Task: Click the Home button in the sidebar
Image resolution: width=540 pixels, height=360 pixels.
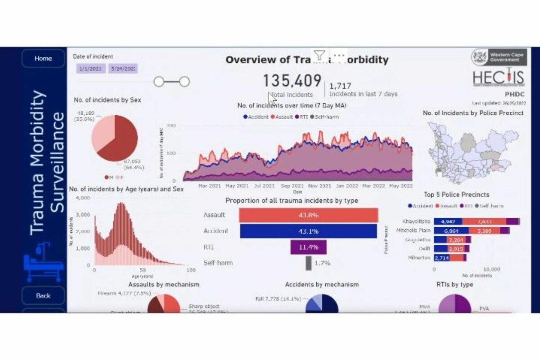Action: point(43,58)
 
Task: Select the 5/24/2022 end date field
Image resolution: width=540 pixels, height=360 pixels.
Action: point(123,69)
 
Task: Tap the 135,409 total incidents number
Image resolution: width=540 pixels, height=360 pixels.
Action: point(292,81)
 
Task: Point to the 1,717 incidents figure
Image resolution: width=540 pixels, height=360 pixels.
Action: point(340,85)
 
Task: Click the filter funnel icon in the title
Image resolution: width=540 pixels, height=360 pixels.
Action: point(319,55)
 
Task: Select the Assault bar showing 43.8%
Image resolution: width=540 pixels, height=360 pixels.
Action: point(308,215)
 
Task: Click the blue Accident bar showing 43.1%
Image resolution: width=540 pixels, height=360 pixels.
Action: point(308,231)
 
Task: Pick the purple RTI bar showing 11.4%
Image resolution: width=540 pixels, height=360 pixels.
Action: point(308,247)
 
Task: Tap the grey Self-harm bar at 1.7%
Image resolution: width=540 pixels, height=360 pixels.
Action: point(308,263)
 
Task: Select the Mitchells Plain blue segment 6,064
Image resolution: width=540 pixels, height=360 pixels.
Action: point(450,230)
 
